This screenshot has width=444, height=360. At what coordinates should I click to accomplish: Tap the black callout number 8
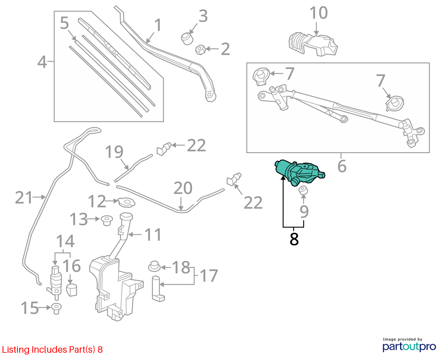294,239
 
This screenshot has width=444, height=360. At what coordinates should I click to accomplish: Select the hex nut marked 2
200,50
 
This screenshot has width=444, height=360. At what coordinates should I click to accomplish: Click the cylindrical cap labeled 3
187,38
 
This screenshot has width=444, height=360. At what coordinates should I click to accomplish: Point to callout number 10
318,13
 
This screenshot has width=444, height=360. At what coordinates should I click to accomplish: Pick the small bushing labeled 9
303,190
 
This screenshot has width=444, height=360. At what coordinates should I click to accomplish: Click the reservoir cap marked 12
127,202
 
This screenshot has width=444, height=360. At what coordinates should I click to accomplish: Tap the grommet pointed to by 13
107,220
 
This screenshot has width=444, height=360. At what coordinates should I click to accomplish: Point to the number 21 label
24,197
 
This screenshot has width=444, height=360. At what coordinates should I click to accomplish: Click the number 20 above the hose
183,188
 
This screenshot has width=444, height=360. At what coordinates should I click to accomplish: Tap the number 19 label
114,152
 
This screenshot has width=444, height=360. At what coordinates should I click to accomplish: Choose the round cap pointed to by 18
154,266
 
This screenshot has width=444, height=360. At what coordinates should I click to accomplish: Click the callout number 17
209,275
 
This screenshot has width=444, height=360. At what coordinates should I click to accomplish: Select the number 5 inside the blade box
64,23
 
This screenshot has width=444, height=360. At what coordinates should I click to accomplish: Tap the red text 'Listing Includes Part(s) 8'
52,349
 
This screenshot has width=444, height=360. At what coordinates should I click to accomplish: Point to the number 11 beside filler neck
153,235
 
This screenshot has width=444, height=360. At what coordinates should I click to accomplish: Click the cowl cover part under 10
313,44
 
